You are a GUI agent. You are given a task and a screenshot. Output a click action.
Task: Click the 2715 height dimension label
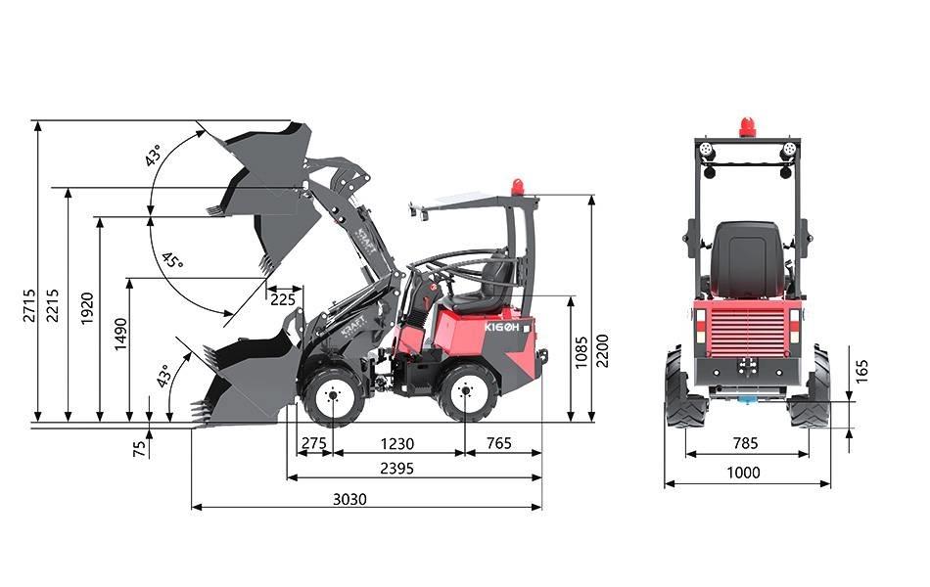pos(29,305)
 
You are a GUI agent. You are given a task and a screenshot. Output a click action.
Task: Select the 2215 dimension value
pos(53,305)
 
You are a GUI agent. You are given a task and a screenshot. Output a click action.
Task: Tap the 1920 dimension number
pos(87,308)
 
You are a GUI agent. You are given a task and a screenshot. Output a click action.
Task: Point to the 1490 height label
pos(120,335)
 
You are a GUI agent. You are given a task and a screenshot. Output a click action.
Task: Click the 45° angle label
pos(172,260)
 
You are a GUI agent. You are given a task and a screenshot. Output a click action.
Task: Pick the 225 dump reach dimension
pos(283,299)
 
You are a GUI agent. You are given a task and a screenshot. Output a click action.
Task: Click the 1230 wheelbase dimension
pos(396,443)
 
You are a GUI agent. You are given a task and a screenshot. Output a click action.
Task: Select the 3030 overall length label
pos(349,499)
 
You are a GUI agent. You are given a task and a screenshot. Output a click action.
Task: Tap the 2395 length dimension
pos(396,469)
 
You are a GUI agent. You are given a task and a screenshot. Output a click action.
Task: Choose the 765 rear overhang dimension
pos(499,443)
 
